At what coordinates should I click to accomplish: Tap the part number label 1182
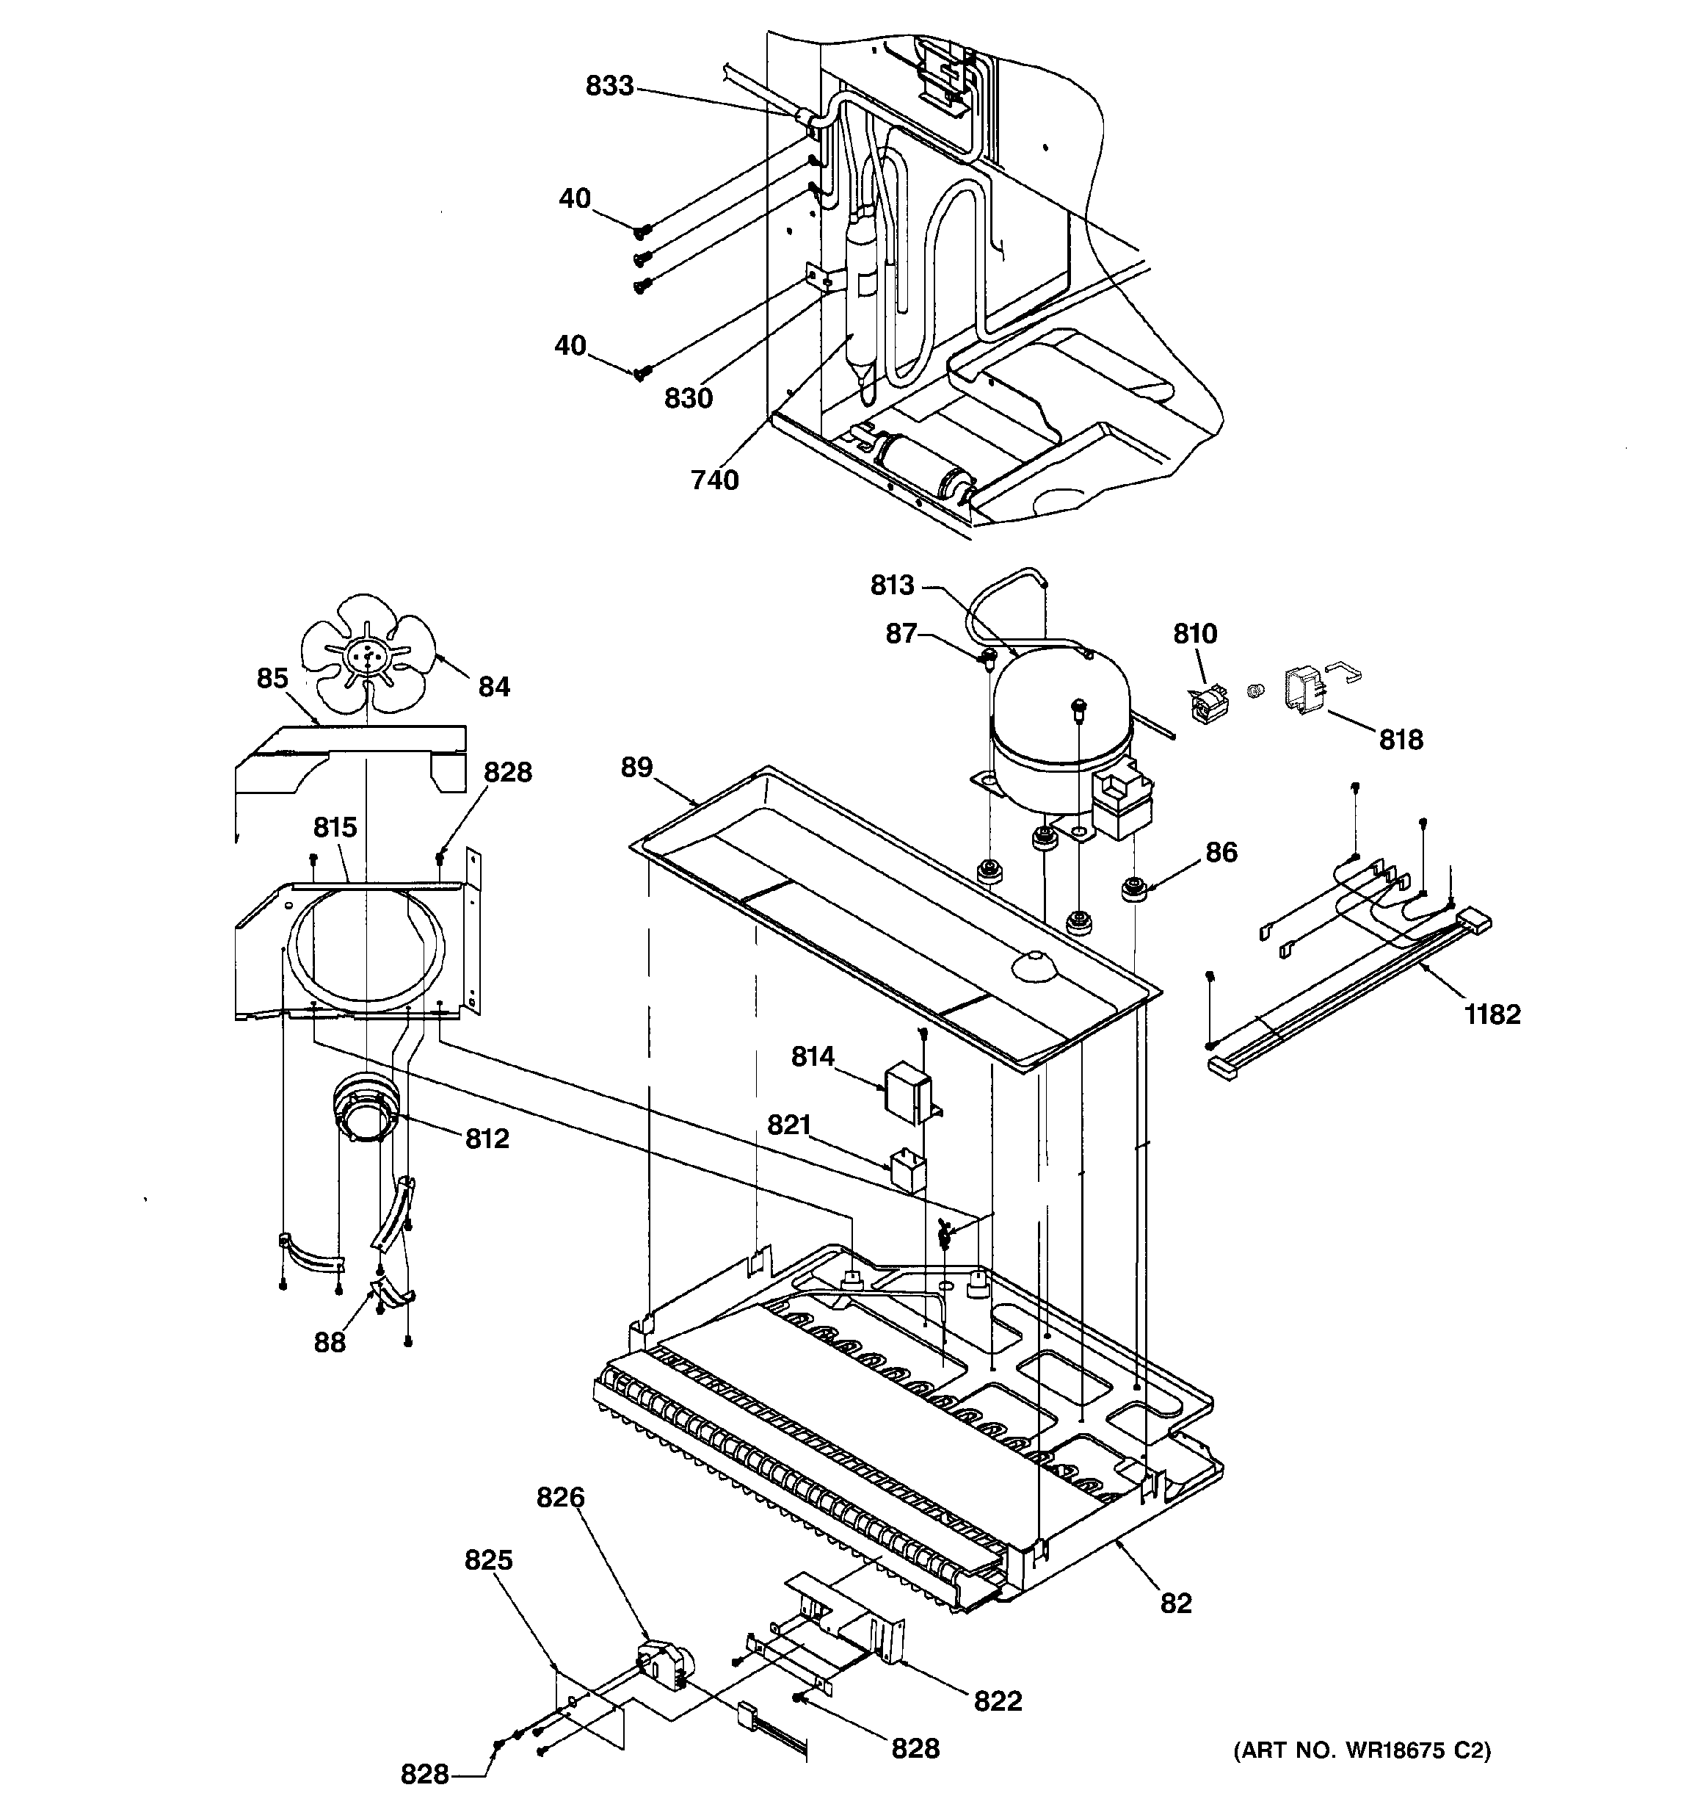click(x=1492, y=1014)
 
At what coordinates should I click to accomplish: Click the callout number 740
click(x=714, y=479)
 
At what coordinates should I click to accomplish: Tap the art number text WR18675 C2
click(x=1362, y=1750)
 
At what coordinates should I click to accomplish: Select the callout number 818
click(x=1401, y=739)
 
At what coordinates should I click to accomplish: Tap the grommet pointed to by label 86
click(x=1133, y=888)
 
